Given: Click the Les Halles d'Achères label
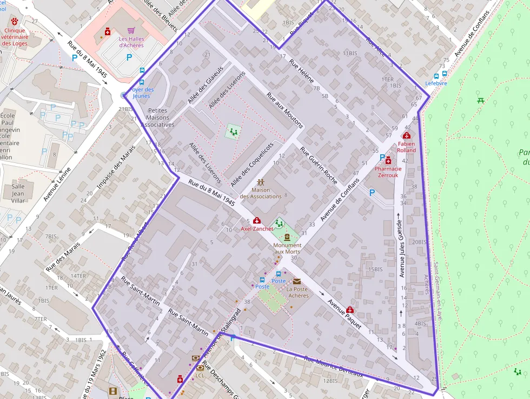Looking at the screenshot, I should pyautogui.click(x=131, y=42).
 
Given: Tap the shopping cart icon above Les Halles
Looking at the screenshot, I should pyautogui.click(x=131, y=31).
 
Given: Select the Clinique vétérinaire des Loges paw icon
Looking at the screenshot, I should pyautogui.click(x=14, y=22).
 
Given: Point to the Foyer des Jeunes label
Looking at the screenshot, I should pyautogui.click(x=142, y=93).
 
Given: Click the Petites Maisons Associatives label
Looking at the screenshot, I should pyautogui.click(x=157, y=117).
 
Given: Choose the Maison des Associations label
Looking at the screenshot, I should pyautogui.click(x=261, y=193).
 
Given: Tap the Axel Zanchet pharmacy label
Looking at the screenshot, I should pyautogui.click(x=257, y=228).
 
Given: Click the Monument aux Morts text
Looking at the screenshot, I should pyautogui.click(x=287, y=248).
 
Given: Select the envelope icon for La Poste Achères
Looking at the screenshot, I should pyautogui.click(x=297, y=281).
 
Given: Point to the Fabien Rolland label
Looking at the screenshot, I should pyautogui.click(x=407, y=147).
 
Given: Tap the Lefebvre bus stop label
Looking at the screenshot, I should pyautogui.click(x=436, y=83).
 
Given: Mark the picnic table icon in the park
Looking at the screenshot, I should pyautogui.click(x=480, y=100).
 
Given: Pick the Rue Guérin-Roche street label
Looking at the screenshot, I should pyautogui.click(x=319, y=166).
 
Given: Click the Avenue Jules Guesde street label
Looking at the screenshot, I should pyautogui.click(x=401, y=249).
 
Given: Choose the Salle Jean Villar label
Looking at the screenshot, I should pyautogui.click(x=18, y=193).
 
